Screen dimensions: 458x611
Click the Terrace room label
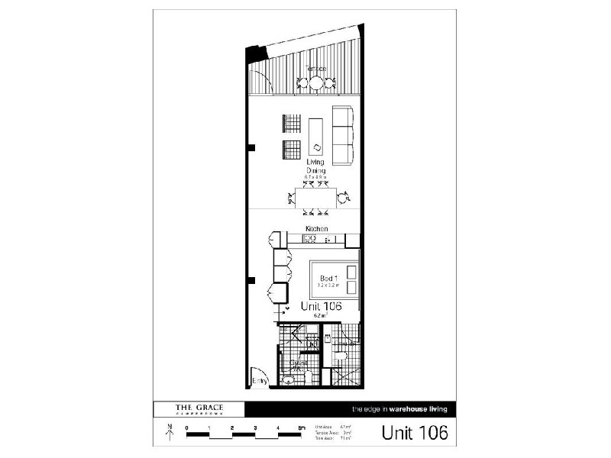[x=316, y=69]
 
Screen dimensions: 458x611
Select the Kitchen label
[x=316, y=229]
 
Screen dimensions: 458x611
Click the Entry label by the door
[x=260, y=380]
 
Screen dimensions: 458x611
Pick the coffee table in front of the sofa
[x=316, y=137]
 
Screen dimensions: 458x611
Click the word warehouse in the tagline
[x=415, y=409]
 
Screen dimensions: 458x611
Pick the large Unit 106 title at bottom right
[x=414, y=432]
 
